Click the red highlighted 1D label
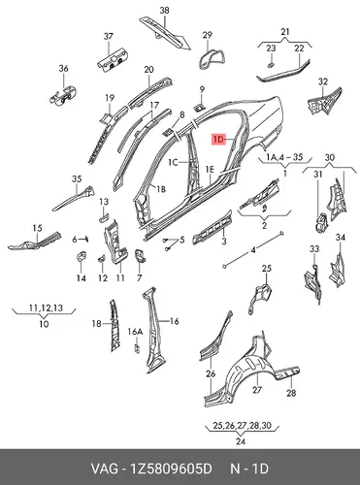pyautogui.click(x=218, y=140)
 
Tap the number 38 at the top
pyautogui.click(x=164, y=11)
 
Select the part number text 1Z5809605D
pyautogui.click(x=171, y=469)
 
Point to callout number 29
pyautogui.click(x=207, y=35)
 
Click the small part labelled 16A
pyautogui.click(x=137, y=348)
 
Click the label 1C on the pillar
pyautogui.click(x=173, y=162)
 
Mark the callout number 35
pyautogui.click(x=77, y=178)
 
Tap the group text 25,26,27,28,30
pyautogui.click(x=242, y=426)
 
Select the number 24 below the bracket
pyautogui.click(x=241, y=441)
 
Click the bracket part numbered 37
pyautogui.click(x=112, y=59)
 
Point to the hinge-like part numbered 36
pyautogui.click(x=63, y=95)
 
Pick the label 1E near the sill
pyautogui.click(x=210, y=169)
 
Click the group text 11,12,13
pyautogui.click(x=46, y=307)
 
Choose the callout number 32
pyautogui.click(x=323, y=81)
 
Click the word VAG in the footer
pyautogui.click(x=105, y=469)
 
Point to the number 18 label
pyautogui.click(x=97, y=323)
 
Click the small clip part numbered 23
pyautogui.click(x=271, y=65)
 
